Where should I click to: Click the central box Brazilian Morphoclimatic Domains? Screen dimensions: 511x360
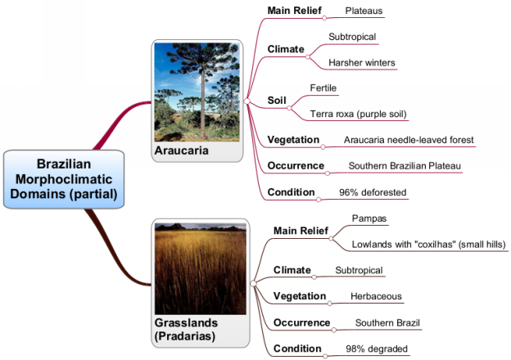click(x=64, y=179)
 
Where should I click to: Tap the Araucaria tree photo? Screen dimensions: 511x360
click(x=197, y=92)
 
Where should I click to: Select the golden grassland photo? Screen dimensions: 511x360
click(x=201, y=268)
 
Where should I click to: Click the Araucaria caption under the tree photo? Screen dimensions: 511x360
click(x=182, y=151)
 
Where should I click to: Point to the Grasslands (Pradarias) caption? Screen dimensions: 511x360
click(x=186, y=330)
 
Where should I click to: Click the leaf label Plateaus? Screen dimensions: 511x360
click(x=364, y=11)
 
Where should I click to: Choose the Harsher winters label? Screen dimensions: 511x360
click(x=362, y=62)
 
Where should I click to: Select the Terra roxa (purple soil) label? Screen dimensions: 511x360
click(x=358, y=114)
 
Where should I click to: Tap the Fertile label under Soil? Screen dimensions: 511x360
click(x=323, y=88)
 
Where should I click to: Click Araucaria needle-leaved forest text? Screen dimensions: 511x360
click(x=409, y=140)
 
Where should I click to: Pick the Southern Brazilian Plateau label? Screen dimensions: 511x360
click(x=405, y=165)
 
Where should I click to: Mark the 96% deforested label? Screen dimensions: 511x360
click(x=373, y=192)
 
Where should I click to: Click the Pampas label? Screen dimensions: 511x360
click(x=369, y=218)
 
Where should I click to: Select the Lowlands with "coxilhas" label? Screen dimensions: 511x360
click(x=428, y=244)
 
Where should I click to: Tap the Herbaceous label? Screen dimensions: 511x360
click(x=376, y=296)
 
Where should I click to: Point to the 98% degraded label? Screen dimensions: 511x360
click(x=377, y=349)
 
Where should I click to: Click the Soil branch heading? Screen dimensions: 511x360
click(x=277, y=101)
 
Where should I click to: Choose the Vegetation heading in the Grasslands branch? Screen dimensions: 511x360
click(x=300, y=296)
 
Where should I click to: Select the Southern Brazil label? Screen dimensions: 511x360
click(x=387, y=322)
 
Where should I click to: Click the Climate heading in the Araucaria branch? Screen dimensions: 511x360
click(x=286, y=49)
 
